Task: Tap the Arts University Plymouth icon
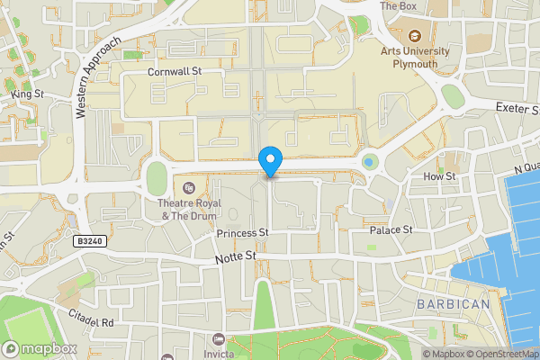point(415,37)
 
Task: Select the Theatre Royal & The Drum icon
point(189,188)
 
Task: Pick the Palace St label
point(391,230)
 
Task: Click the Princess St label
point(243,232)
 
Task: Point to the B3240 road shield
point(88,242)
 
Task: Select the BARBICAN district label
point(454,304)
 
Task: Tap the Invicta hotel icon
point(220,339)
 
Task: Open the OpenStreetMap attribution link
point(498,354)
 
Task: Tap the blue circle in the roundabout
point(369,162)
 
